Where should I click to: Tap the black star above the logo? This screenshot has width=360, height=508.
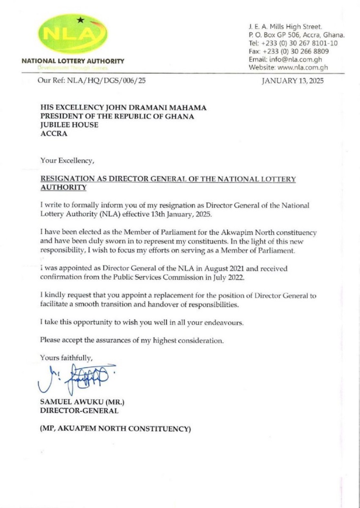point(80,20)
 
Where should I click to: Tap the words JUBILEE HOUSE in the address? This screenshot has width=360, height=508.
point(69,125)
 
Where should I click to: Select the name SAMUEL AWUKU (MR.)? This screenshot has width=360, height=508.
point(77,401)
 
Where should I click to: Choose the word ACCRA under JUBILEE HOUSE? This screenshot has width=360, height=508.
point(53,134)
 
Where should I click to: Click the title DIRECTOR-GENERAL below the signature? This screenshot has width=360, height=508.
point(79,410)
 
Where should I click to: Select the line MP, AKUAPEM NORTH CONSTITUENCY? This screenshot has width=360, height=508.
point(115,429)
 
